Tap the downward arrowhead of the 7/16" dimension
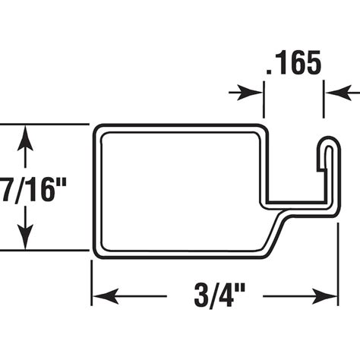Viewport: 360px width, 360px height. pyautogui.click(x=27, y=238)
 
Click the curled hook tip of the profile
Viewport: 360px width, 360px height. pyautogui.click(x=327, y=143)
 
